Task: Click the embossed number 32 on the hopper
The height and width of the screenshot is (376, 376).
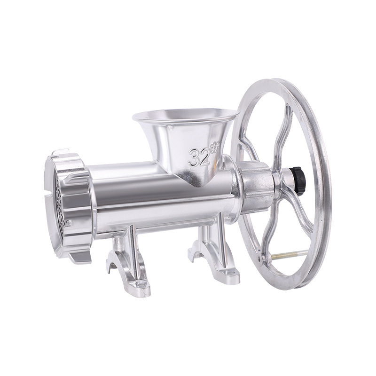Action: point(199,157)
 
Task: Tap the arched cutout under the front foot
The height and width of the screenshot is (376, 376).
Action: point(111,267)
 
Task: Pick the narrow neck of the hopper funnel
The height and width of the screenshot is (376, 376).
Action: point(197,174)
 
